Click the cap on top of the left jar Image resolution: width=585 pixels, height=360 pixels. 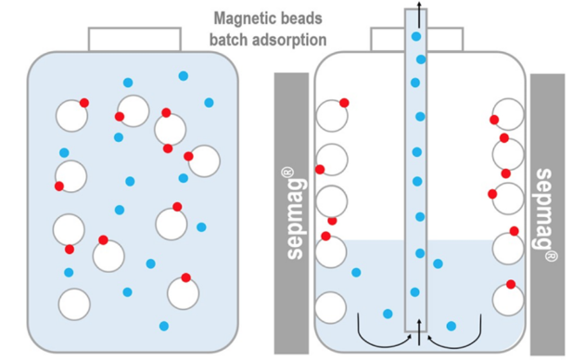click(134, 38)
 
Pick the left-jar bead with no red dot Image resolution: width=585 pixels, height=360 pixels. click(74, 303)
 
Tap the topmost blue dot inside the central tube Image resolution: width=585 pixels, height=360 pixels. click(416, 36)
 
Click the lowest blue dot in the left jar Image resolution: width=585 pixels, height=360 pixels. click(164, 326)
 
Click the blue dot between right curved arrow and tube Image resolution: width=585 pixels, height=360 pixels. click(451, 326)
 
